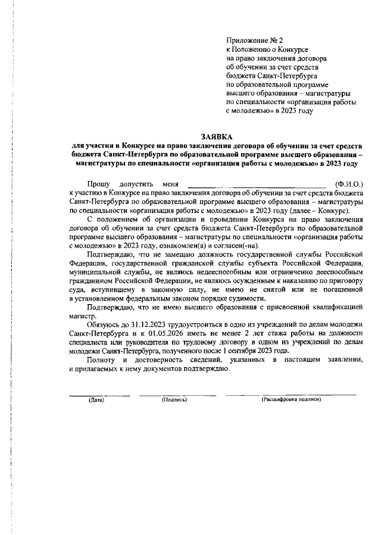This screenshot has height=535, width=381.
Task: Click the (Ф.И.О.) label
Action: (x=349, y=185)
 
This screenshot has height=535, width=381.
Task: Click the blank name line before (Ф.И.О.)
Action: (x=257, y=186)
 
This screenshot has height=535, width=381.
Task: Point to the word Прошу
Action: (x=98, y=185)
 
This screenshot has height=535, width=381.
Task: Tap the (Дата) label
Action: (x=95, y=399)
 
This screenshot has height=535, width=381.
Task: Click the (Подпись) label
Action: (x=174, y=399)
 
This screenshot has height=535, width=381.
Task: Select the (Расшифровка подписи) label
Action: (x=291, y=399)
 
